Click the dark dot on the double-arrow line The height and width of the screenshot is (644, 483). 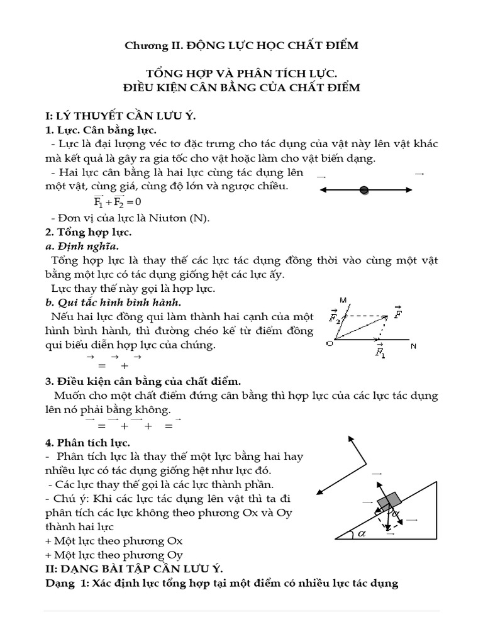[x=364, y=190]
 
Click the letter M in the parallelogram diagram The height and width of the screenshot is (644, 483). [x=341, y=299]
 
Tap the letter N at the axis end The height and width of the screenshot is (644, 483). [x=413, y=346]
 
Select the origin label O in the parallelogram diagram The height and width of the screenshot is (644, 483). [x=328, y=343]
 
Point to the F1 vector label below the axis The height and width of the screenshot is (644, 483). [x=380, y=351]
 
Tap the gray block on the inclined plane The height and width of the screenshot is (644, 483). [x=391, y=500]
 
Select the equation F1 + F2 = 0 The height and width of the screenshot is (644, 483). [x=117, y=202]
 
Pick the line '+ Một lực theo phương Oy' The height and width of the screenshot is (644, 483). [x=114, y=554]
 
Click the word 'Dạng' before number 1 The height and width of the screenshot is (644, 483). [x=60, y=583]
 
